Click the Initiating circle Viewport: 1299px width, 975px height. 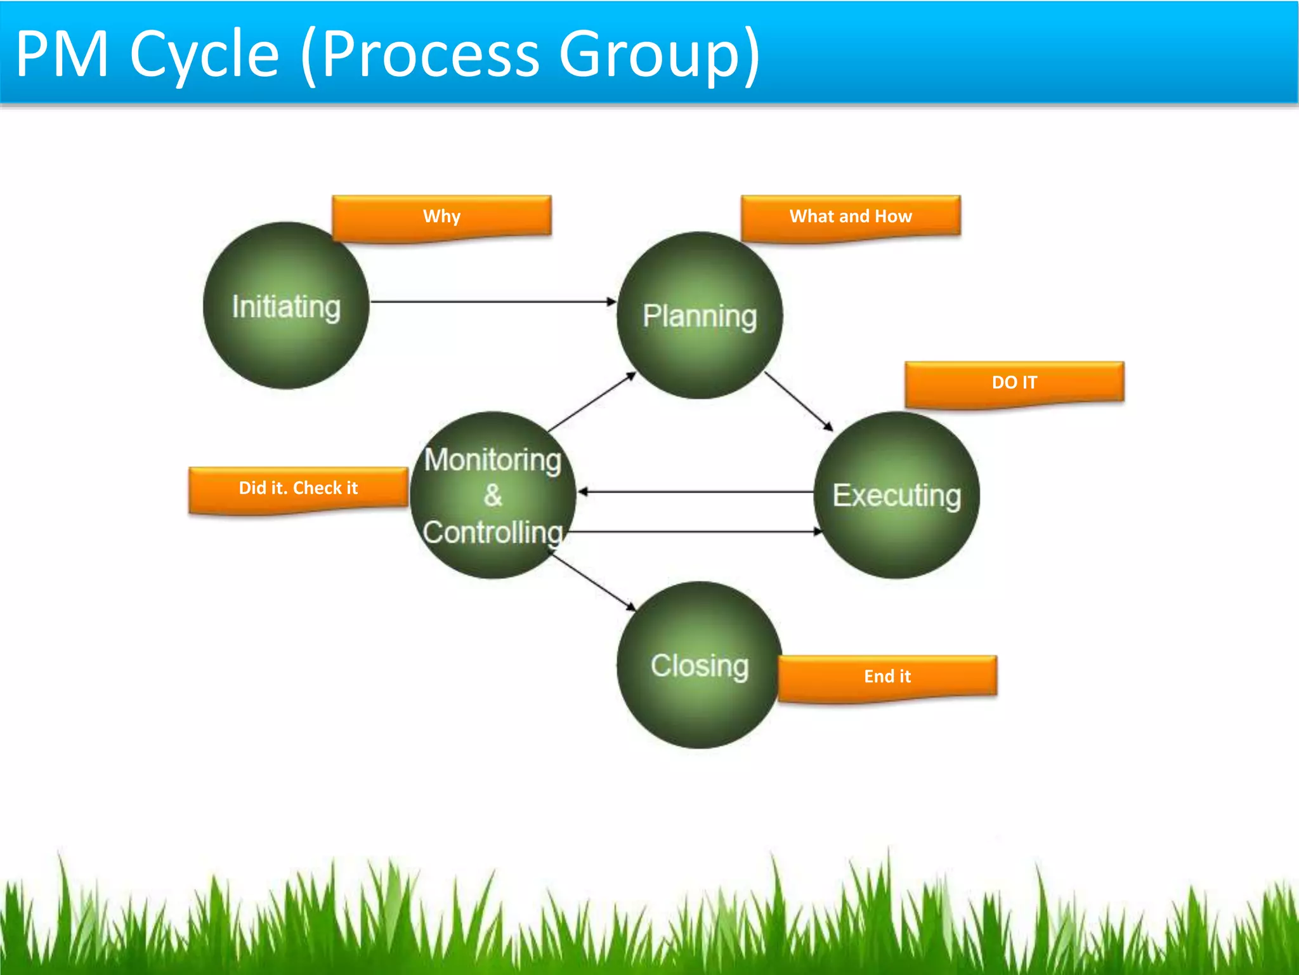tap(285, 305)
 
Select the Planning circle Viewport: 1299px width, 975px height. tap(699, 315)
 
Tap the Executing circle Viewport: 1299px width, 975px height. tap(896, 495)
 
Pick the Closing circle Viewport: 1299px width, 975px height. tap(699, 665)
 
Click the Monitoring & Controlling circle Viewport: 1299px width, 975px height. tap(493, 495)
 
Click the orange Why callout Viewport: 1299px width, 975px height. tap(441, 216)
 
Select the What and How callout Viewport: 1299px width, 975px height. tap(851, 216)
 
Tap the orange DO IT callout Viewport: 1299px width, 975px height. tap(1014, 383)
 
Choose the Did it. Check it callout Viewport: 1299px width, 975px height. tap(298, 488)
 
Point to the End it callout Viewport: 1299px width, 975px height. tap(887, 677)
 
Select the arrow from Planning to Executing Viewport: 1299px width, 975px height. tap(798, 401)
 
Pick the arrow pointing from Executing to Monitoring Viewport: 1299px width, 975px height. tap(696, 491)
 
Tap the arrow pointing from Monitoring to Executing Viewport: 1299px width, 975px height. tap(696, 531)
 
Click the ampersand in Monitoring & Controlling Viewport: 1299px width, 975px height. tap(493, 496)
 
